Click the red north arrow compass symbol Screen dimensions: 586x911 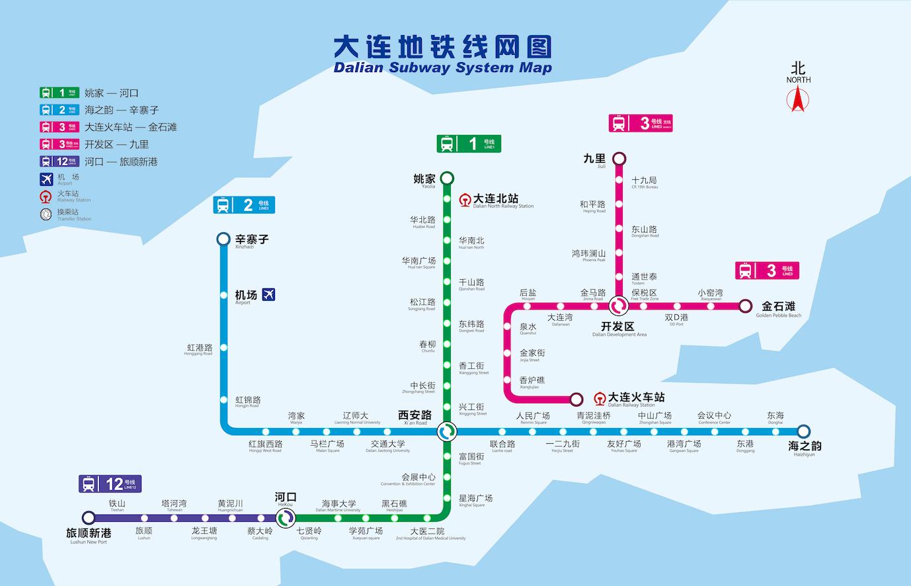(797, 99)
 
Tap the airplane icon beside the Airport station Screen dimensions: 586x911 (268, 294)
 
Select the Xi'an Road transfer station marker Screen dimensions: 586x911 (448, 431)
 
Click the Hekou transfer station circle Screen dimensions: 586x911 (286, 517)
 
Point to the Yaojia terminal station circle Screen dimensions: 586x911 (448, 178)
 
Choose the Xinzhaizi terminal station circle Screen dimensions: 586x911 (223, 239)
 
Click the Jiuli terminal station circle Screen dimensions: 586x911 (619, 159)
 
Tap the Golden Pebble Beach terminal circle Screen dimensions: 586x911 (746, 306)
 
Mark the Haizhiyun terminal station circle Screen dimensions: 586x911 (803, 431)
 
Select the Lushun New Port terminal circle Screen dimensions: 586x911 (89, 517)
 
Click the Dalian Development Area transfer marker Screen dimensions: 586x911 (619, 306)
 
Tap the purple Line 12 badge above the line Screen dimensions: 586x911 (110, 484)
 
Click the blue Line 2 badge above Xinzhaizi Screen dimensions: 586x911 (244, 205)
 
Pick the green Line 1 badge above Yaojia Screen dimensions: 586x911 (468, 144)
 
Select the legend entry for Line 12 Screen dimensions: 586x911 (99, 161)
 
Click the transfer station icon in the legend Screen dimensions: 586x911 (46, 214)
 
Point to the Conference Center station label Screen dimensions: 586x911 (714, 417)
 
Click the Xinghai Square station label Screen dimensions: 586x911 (475, 500)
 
